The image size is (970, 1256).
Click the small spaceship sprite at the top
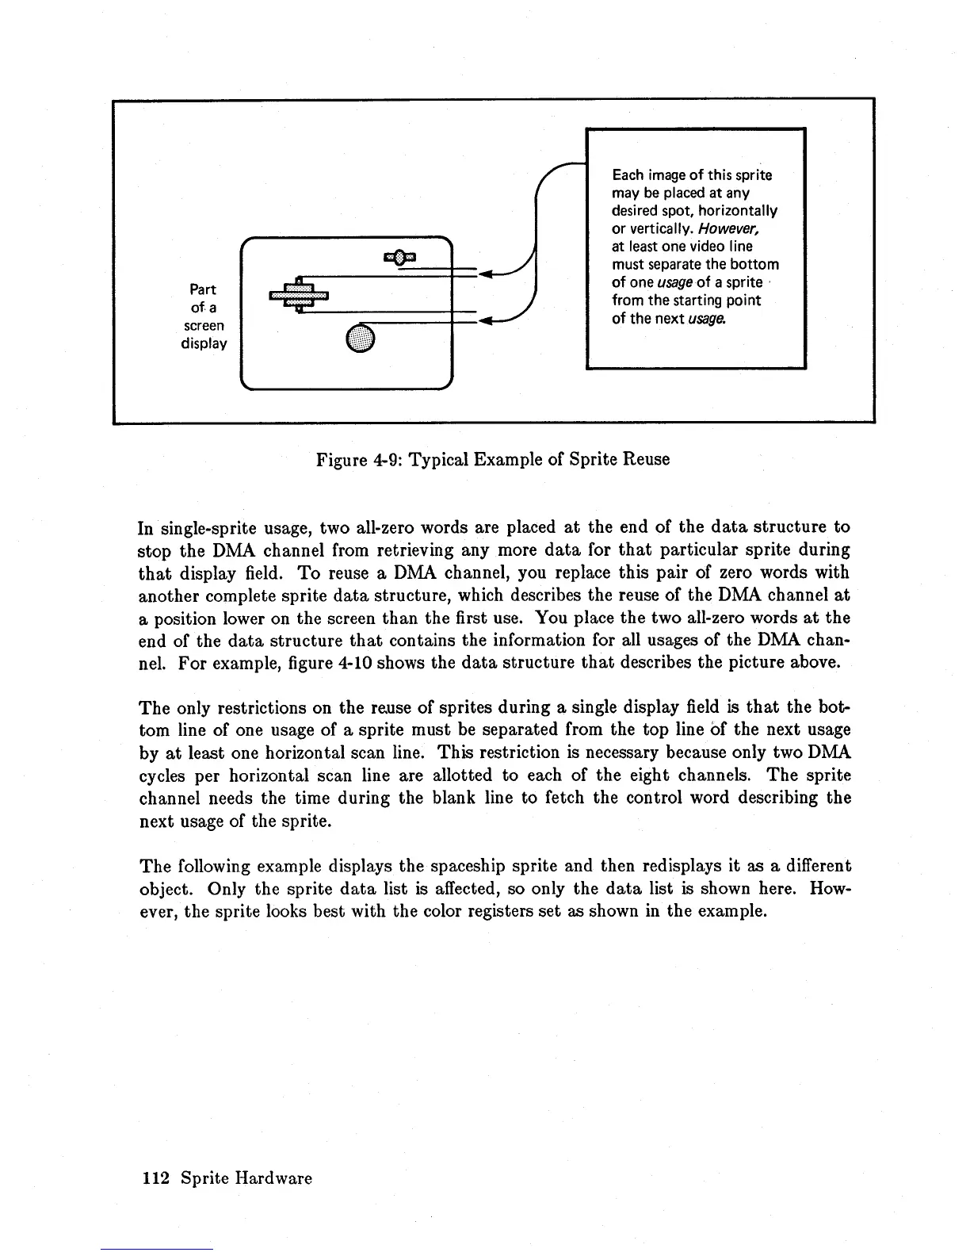pos(401,255)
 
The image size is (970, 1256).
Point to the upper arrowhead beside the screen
pos(487,274)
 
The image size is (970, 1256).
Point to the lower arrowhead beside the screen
pos(487,321)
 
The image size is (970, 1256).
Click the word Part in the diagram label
pos(204,289)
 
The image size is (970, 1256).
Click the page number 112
pos(155,1178)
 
